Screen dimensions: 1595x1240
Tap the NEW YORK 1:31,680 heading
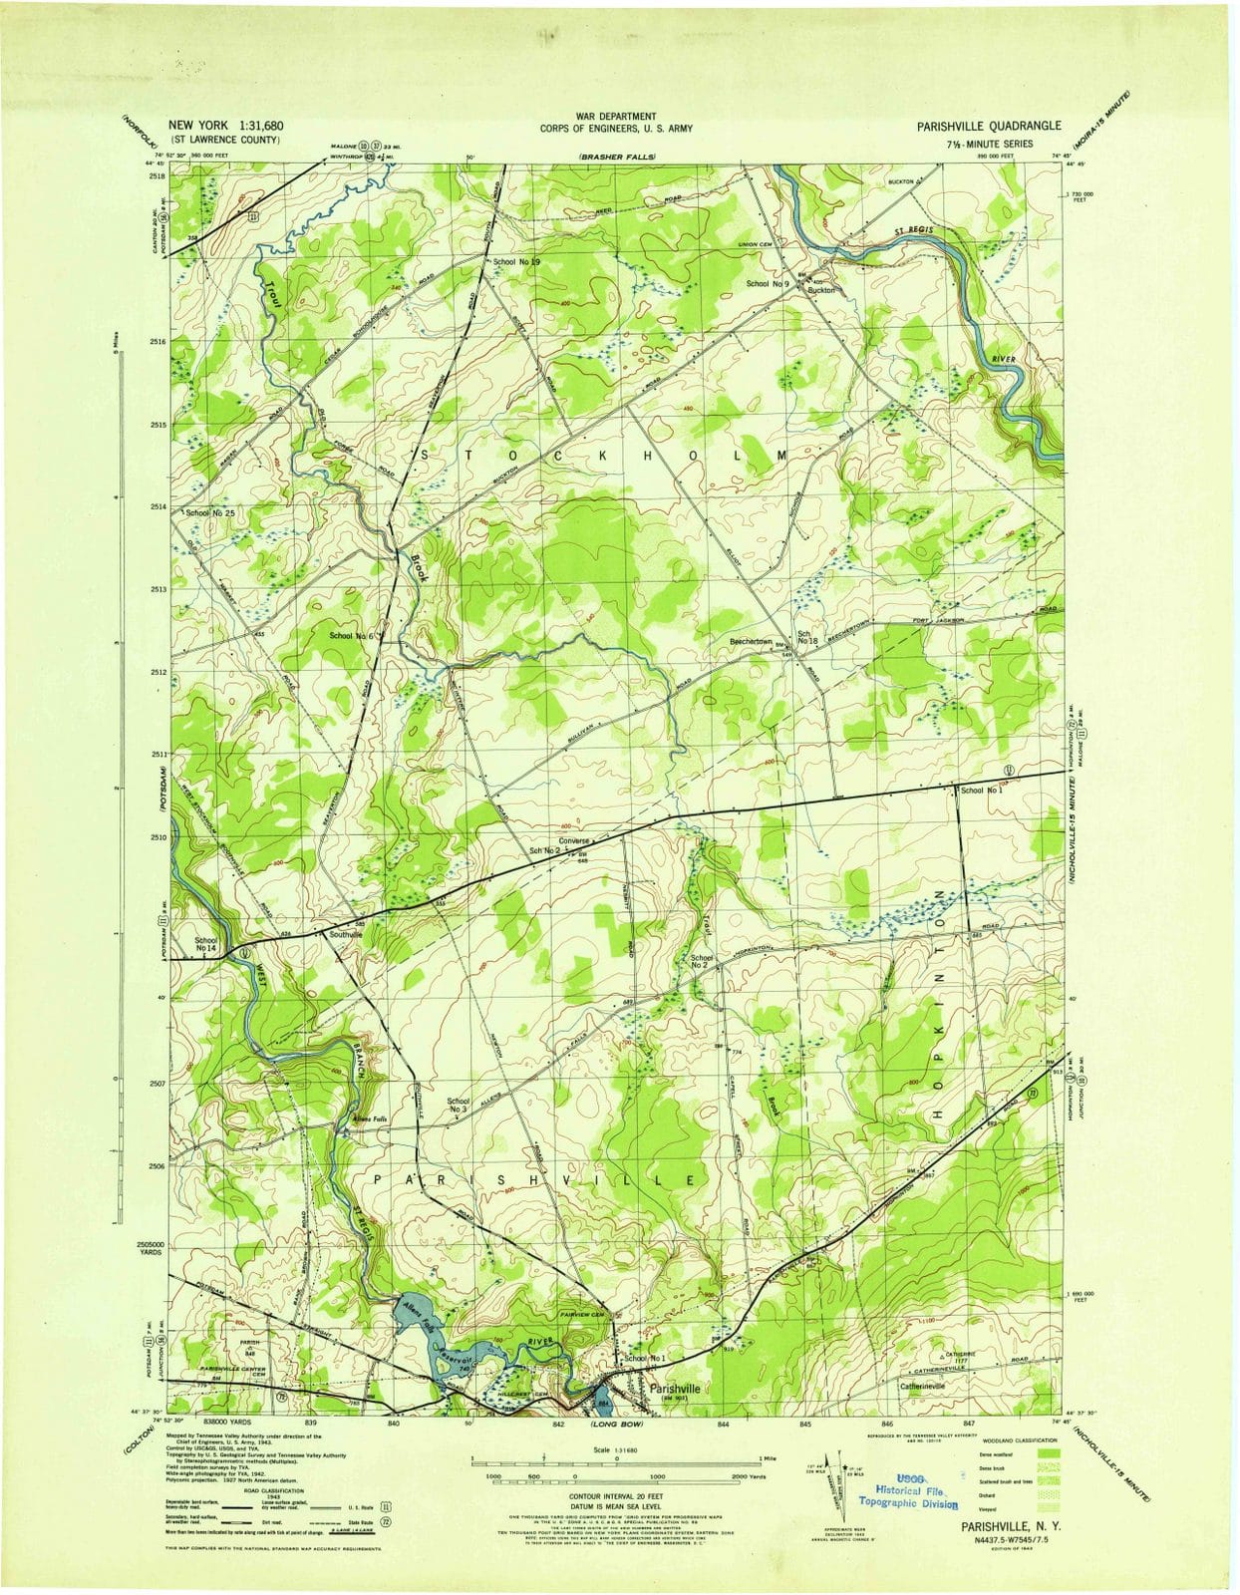click(x=226, y=126)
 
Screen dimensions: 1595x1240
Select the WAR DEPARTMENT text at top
click(x=615, y=117)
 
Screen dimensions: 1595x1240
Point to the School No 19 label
click(x=516, y=261)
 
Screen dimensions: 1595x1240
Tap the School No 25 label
click(x=208, y=512)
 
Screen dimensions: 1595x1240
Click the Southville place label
click(x=345, y=935)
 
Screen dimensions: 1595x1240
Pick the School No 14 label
click(x=205, y=944)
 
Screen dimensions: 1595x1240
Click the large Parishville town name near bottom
click(x=674, y=1388)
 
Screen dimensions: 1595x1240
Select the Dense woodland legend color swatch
click(x=1050, y=1454)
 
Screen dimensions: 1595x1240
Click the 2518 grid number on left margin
click(x=155, y=176)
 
